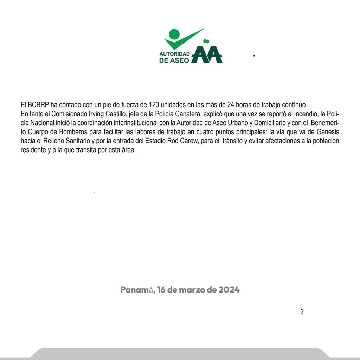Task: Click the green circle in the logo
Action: tap(174, 34)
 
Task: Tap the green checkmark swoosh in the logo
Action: tap(183, 40)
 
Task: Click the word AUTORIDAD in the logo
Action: tap(174, 54)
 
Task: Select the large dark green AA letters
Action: tap(207, 55)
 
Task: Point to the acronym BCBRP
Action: tap(38, 105)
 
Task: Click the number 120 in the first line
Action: tap(154, 105)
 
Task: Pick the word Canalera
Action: tap(174, 114)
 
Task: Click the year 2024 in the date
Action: tap(229, 290)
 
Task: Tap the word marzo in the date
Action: tap(193, 290)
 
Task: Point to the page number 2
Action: tap(302, 312)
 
